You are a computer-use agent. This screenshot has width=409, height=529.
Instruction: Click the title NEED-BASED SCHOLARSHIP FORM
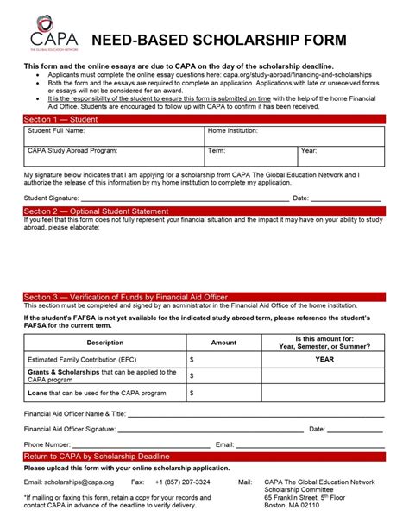click(219, 41)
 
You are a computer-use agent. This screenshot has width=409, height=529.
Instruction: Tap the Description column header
click(104, 343)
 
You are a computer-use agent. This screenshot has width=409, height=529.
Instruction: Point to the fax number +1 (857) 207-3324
click(182, 481)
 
